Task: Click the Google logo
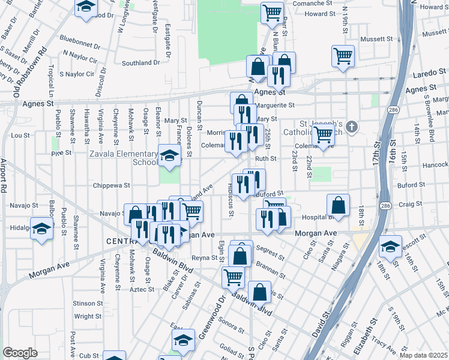(x=20, y=353)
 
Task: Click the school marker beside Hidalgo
(x=42, y=229)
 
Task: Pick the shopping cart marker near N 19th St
(x=342, y=56)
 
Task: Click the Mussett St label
(x=377, y=39)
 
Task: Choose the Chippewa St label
(x=107, y=186)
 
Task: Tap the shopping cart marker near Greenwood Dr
(x=233, y=277)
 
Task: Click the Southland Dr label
(x=140, y=62)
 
